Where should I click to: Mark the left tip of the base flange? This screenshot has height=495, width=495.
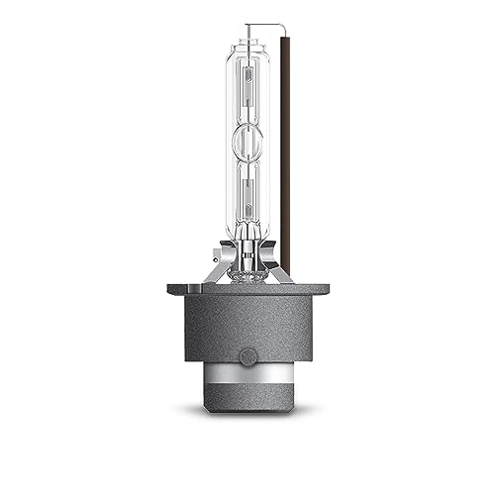click(170, 288)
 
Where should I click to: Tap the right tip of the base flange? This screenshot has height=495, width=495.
click(326, 288)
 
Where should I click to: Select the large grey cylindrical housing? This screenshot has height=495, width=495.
click(247, 332)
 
